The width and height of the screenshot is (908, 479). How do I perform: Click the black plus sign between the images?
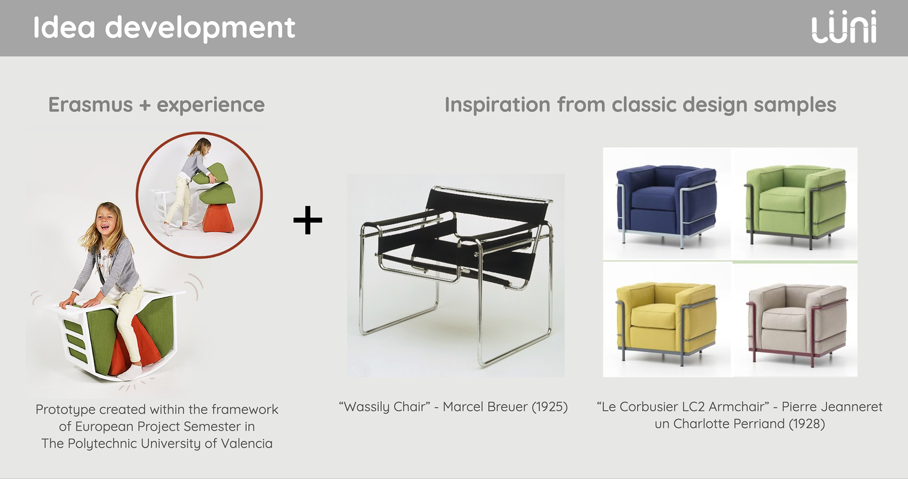tap(308, 220)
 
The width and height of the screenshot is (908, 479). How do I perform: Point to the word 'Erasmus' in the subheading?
tap(90, 105)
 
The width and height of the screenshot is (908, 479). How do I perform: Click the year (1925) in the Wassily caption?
tap(550, 407)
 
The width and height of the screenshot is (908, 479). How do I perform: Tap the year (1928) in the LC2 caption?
tap(807, 424)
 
